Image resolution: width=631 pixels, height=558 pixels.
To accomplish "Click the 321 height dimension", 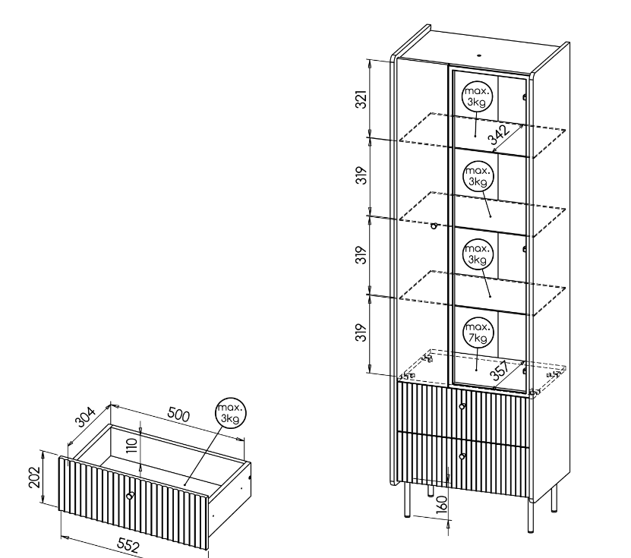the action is (x=361, y=99).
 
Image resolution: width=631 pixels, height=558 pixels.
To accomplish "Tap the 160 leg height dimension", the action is (x=441, y=503).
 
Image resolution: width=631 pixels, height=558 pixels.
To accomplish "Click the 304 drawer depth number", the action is (x=85, y=417).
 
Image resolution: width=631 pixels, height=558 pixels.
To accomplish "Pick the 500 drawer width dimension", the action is (x=178, y=415).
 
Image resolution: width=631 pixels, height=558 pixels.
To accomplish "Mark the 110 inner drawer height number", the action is (x=132, y=446).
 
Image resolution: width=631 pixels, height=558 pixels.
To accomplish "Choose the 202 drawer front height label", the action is (x=35, y=477).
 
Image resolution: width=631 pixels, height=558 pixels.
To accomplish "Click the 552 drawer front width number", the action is (x=129, y=545).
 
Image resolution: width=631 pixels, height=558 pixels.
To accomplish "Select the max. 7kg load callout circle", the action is (x=478, y=333).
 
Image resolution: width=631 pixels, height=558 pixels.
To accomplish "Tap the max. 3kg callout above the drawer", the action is (x=231, y=413).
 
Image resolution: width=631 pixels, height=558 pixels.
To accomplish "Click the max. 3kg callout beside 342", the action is (x=477, y=96).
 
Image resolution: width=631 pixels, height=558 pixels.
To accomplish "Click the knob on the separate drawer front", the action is (x=130, y=496).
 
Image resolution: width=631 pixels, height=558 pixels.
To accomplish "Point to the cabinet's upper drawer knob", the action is (x=462, y=407).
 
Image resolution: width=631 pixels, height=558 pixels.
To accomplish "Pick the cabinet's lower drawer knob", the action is (x=462, y=456).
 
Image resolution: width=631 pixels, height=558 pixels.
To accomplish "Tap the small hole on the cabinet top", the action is (x=479, y=55).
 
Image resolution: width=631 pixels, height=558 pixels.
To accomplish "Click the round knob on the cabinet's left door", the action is (x=434, y=226).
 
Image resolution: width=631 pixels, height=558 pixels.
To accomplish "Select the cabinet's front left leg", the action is (x=407, y=500).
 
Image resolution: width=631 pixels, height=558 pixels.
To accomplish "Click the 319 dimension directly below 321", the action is (x=361, y=175).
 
